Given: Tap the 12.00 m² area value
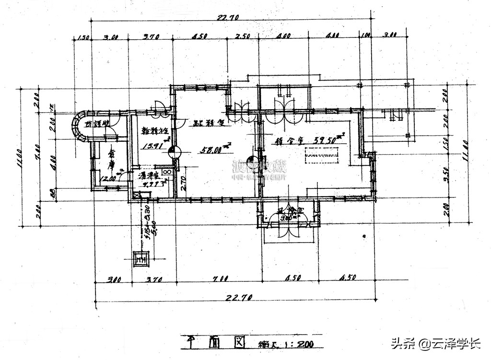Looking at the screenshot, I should (x=110, y=178).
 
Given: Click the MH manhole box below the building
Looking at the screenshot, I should (x=140, y=259).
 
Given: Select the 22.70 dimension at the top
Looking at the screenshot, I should (x=228, y=18).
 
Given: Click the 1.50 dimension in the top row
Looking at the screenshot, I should (x=82, y=37).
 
